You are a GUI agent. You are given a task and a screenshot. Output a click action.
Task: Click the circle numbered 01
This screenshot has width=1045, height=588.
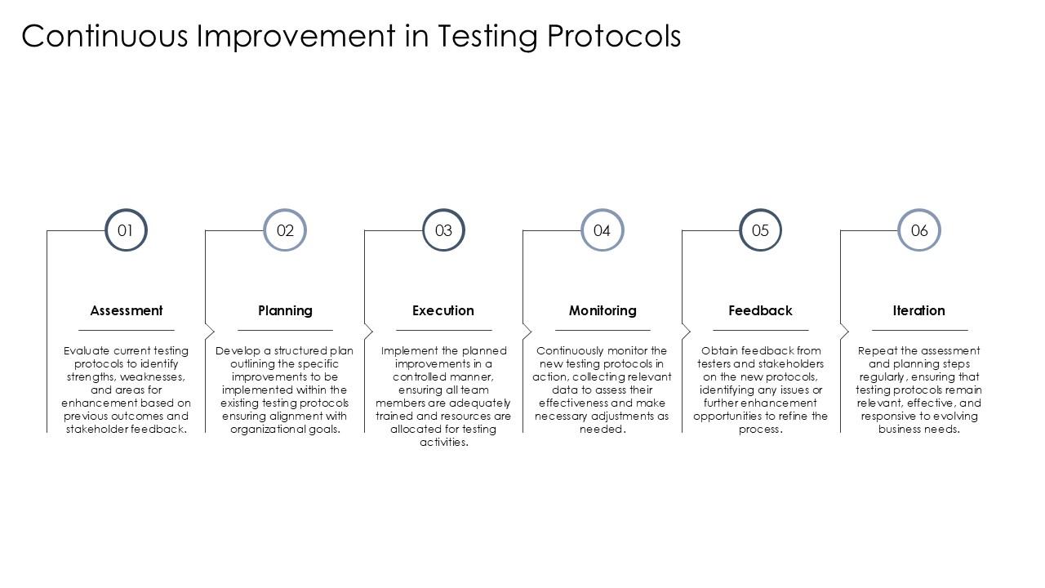coord(126,230)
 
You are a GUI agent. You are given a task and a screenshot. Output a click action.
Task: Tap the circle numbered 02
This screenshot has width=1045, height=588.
coord(285,230)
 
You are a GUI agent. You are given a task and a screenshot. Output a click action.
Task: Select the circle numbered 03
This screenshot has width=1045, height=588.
coord(443,230)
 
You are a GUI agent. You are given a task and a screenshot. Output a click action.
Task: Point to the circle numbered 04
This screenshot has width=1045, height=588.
coord(602,230)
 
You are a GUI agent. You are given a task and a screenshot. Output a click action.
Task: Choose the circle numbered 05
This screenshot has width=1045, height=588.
coord(760,230)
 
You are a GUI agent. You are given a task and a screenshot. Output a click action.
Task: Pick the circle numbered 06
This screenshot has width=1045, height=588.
coord(919,230)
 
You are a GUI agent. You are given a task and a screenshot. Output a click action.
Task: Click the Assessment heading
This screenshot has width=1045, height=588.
coord(127,310)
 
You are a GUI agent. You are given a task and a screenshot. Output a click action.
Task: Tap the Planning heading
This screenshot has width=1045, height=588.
coord(285,310)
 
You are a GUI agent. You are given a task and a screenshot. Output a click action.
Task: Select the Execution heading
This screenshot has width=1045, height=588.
coord(443,310)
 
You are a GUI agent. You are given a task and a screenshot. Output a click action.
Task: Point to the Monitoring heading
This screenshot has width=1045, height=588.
coord(603,310)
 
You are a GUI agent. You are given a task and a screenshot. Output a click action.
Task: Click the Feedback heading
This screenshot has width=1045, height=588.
coord(760,310)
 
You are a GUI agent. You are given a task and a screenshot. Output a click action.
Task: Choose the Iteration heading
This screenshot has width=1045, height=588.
coord(918,310)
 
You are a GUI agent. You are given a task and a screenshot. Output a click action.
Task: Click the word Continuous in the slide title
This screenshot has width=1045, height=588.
coord(104,37)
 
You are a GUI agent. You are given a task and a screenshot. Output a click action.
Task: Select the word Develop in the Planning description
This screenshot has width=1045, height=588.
coord(236,350)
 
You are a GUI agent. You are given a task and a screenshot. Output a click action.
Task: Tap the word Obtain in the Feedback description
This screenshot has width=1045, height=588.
coord(718,350)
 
